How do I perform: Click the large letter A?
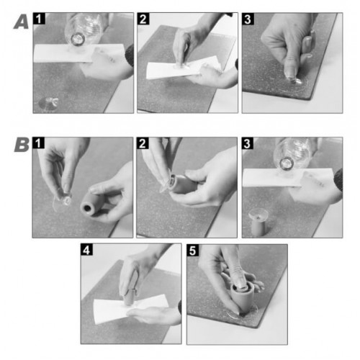tap(21, 23)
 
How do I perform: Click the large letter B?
tap(22, 145)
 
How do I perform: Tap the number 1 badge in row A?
tap(39, 19)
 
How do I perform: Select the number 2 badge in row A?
tap(143, 19)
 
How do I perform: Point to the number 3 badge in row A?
tap(248, 19)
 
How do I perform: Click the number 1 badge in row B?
tap(38, 143)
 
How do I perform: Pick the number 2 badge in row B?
tap(143, 143)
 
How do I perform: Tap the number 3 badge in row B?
tap(248, 143)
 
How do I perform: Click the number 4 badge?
tap(86, 250)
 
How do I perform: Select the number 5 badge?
tap(193, 251)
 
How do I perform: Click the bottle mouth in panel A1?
tap(78, 39)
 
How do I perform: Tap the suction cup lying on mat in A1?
tap(49, 103)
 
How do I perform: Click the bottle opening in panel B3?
tap(287, 163)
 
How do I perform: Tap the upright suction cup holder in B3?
tap(258, 222)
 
